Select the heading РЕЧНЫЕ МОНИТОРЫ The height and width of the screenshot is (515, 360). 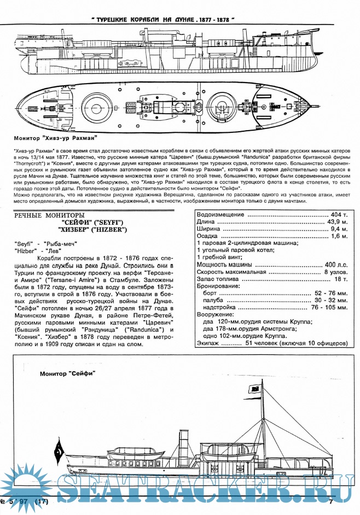pyautogui.click(x=50, y=215)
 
